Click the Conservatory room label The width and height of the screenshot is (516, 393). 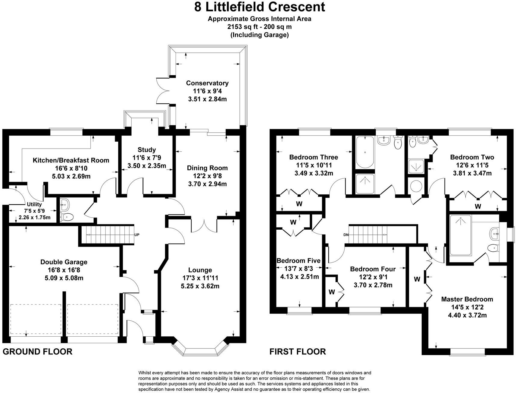pyautogui.click(x=207, y=83)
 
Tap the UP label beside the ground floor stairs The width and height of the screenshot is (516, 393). pyautogui.click(x=137, y=235)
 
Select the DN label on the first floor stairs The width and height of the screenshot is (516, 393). pyautogui.click(x=346, y=235)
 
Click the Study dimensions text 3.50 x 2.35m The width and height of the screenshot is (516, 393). pyautogui.click(x=146, y=166)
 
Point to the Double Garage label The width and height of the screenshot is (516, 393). pyautogui.click(x=64, y=262)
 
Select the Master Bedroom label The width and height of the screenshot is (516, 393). pyautogui.click(x=467, y=299)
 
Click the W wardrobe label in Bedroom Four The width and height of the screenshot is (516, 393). pyautogui.click(x=331, y=292)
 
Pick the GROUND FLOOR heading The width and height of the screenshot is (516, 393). pyautogui.click(x=38, y=351)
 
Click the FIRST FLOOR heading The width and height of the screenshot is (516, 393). pyautogui.click(x=297, y=351)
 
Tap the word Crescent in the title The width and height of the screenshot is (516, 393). pyautogui.click(x=297, y=7)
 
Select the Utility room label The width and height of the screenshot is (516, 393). pyautogui.click(x=34, y=204)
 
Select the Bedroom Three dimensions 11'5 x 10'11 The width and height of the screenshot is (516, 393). pyautogui.click(x=314, y=165)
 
